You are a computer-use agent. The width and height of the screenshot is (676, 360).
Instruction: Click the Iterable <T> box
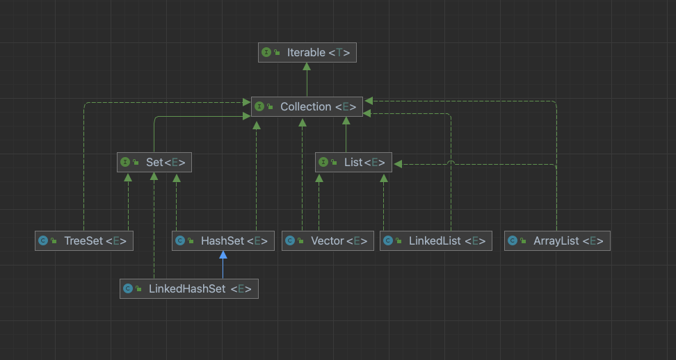(x=307, y=53)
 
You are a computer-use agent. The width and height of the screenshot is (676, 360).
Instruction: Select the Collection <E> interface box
(x=307, y=106)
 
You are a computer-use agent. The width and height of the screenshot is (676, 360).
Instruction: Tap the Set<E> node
(x=154, y=163)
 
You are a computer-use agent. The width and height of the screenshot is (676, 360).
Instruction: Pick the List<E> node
(x=353, y=163)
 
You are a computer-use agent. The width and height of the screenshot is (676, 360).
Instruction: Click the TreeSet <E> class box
(x=84, y=240)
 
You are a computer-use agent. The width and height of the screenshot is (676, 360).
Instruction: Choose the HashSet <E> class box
(x=223, y=240)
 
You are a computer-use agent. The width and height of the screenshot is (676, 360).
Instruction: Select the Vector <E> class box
(x=328, y=240)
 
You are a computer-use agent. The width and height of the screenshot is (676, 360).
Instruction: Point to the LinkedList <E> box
(x=436, y=240)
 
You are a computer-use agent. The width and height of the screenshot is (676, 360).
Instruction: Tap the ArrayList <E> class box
(x=557, y=240)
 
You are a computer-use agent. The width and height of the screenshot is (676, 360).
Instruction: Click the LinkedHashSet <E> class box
(x=189, y=288)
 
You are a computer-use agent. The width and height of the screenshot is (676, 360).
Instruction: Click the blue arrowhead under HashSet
(x=223, y=255)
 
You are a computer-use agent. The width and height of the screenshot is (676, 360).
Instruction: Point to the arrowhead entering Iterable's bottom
(x=307, y=66)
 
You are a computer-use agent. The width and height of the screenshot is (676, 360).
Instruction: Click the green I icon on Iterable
(x=266, y=53)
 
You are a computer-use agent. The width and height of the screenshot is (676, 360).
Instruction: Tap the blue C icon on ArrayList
(x=513, y=240)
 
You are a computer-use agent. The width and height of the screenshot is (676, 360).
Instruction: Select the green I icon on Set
(x=125, y=163)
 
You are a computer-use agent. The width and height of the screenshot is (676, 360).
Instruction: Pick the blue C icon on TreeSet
(x=43, y=240)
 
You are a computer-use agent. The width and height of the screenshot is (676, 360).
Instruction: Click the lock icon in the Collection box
(x=271, y=106)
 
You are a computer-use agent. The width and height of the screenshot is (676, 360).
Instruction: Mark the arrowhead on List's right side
(x=398, y=164)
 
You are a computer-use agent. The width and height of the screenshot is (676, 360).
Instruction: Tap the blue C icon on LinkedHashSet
(x=128, y=288)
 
